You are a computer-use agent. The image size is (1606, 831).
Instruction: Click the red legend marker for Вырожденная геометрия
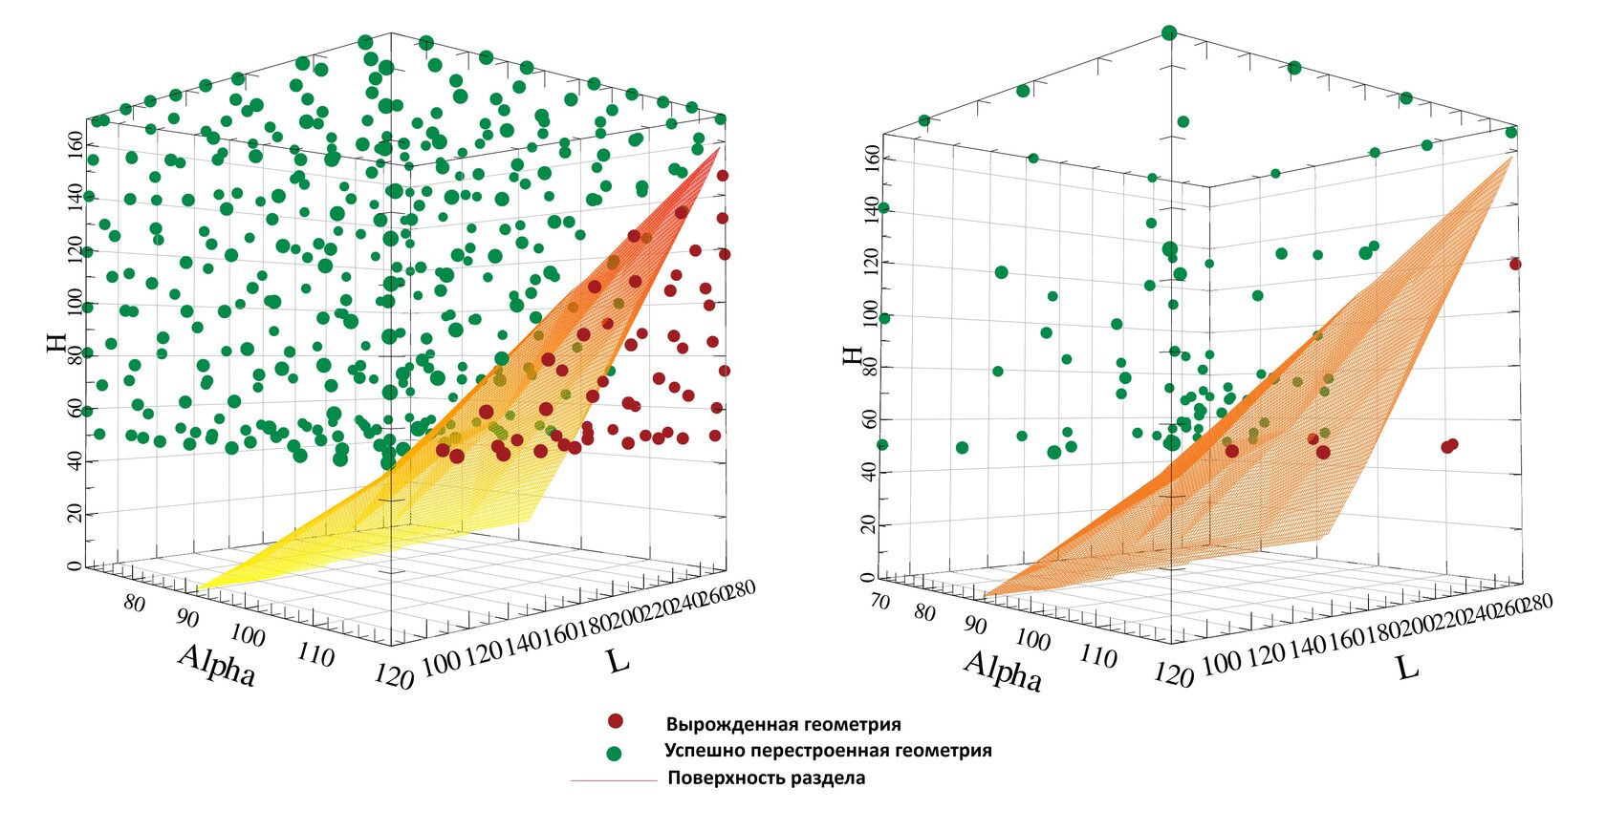tap(617, 721)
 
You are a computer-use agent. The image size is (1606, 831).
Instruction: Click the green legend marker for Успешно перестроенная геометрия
tap(614, 753)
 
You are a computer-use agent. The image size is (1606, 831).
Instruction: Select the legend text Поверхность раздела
tap(766, 778)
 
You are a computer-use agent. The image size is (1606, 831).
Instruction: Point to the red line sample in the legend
tap(613, 780)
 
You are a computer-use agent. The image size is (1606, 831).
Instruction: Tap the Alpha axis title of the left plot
tap(217, 665)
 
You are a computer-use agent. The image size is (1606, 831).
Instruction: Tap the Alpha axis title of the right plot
tap(1003, 670)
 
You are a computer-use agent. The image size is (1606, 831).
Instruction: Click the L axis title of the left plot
tap(619, 659)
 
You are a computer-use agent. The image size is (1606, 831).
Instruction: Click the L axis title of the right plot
tap(1407, 667)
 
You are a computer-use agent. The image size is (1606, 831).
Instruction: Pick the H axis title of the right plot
tap(851, 355)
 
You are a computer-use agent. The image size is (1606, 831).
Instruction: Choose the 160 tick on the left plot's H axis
tap(73, 146)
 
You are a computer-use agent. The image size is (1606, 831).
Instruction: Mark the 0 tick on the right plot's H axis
tap(866, 577)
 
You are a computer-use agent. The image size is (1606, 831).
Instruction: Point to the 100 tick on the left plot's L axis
tap(441, 662)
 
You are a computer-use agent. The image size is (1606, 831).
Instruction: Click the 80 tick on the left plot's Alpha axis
tap(135, 604)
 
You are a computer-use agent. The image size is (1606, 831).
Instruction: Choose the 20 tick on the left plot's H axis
tap(73, 514)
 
